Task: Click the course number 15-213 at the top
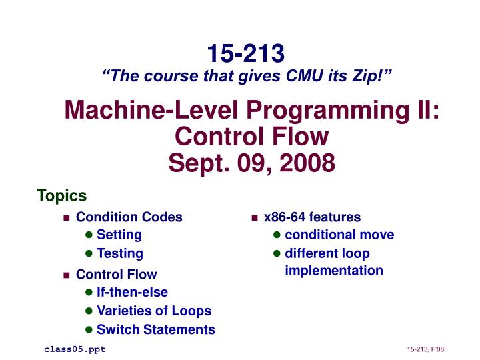tap(245, 52)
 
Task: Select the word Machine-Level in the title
tap(141, 110)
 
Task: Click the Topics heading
tap(61, 195)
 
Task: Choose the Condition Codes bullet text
tap(129, 217)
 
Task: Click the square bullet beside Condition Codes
tap(66, 218)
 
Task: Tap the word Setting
tap(119, 235)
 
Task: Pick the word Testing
tap(120, 253)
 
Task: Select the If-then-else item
tap(132, 292)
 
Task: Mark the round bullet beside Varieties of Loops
tap(89, 311)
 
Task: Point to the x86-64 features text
tap(312, 217)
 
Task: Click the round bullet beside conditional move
tap(277, 235)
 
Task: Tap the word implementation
tap(334, 271)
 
